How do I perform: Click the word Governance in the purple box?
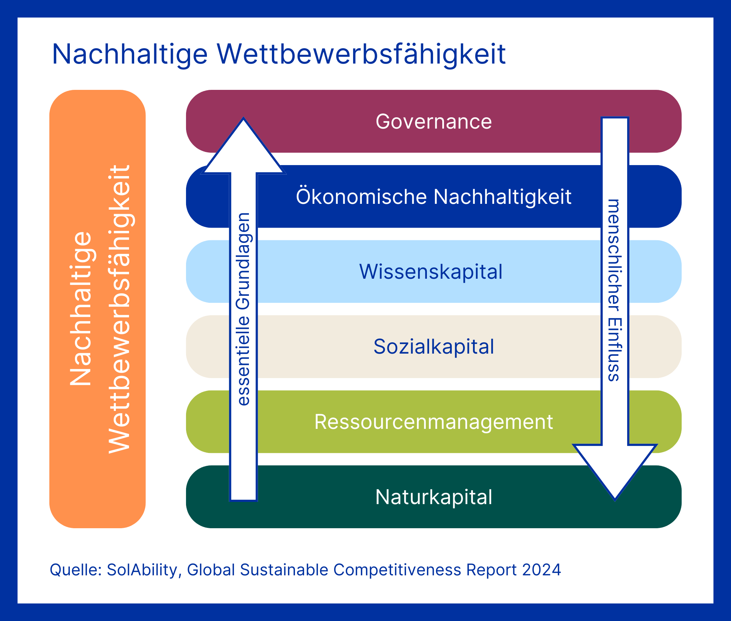(433, 122)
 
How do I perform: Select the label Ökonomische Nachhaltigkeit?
(433, 197)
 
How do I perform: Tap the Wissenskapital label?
(431, 272)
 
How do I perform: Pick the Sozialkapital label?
(433, 347)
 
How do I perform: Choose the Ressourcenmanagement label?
(433, 422)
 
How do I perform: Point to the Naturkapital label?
(433, 497)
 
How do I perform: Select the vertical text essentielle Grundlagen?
(243, 309)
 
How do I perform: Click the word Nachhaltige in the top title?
(130, 54)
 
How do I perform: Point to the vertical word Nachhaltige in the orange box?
(81, 309)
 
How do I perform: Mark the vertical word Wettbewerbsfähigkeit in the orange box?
(120, 309)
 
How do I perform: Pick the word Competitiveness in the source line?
(397, 570)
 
